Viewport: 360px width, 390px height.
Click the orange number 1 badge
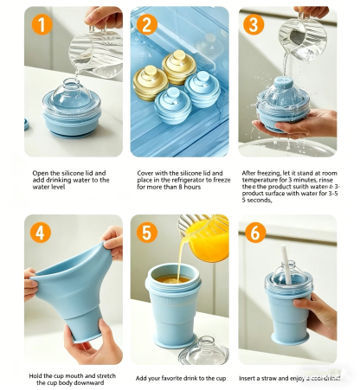[40, 24]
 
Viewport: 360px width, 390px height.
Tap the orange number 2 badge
[147, 24]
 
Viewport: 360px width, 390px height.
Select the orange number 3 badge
[254, 24]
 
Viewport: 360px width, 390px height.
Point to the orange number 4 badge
[40, 233]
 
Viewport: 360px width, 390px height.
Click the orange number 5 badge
[147, 233]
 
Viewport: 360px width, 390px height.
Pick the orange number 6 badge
[254, 233]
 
